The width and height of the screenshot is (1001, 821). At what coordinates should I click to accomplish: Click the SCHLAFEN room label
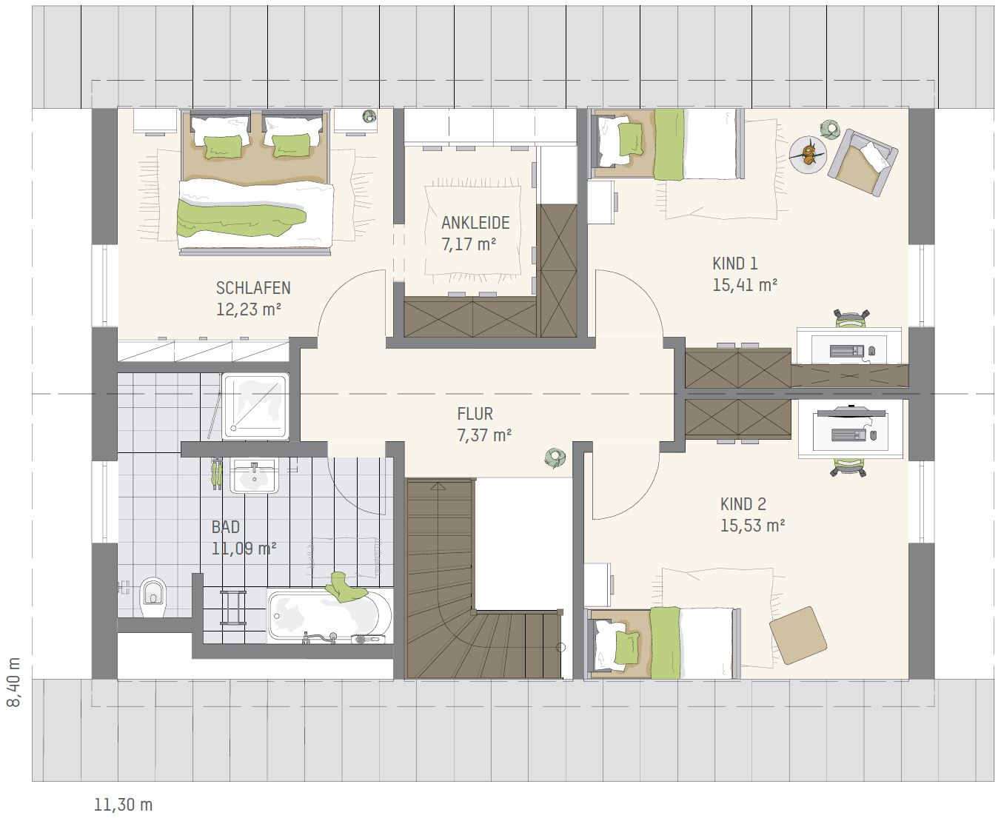(253, 288)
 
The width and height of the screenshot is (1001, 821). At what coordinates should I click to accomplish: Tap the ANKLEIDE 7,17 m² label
(475, 233)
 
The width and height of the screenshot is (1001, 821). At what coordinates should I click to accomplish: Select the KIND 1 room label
(734, 264)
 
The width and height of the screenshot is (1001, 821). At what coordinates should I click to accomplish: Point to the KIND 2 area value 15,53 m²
(752, 526)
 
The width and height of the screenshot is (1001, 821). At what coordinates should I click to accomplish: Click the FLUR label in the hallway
(475, 414)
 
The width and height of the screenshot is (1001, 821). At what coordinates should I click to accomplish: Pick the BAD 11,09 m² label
(244, 537)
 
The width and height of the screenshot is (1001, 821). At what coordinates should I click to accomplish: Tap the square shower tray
(255, 406)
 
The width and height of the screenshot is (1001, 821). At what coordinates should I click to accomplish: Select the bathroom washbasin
(255, 476)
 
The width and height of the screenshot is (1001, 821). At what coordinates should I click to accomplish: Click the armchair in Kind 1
(863, 163)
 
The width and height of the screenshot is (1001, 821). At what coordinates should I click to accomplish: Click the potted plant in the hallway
(555, 458)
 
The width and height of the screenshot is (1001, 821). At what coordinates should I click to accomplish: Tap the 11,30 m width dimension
(123, 805)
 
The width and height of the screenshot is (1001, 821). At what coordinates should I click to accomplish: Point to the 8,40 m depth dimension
(14, 682)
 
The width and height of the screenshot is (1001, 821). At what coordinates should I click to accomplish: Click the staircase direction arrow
(438, 486)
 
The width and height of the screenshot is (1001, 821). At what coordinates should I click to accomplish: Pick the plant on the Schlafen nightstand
(369, 115)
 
